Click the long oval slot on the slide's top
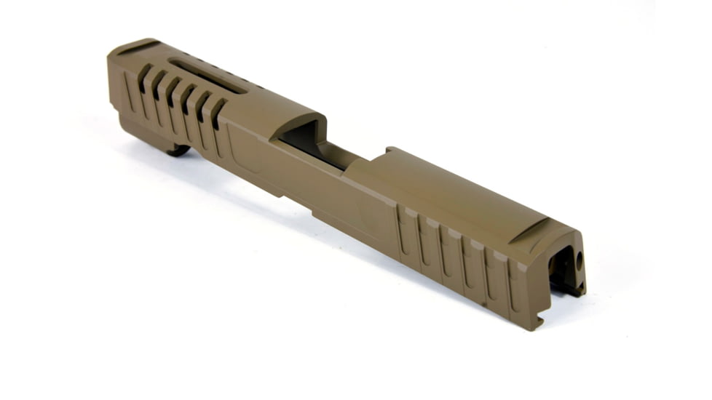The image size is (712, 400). click(207, 76)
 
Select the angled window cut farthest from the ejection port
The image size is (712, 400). click(144, 76)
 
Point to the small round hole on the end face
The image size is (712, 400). click(580, 259)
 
